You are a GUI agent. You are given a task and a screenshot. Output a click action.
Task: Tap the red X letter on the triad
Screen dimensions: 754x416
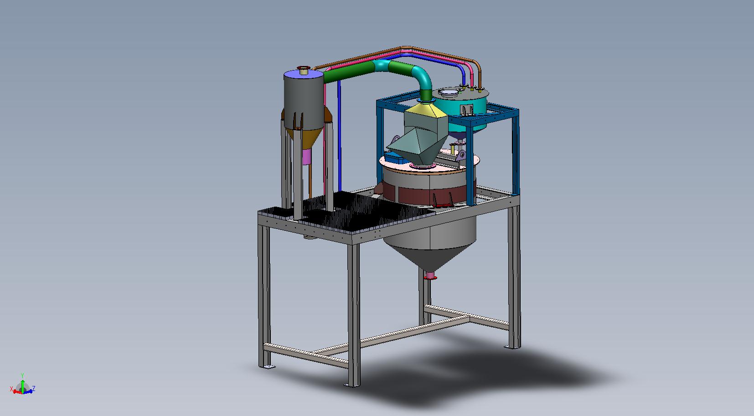click(x=11, y=389)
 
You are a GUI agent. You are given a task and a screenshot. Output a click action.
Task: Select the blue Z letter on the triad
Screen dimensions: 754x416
click(x=34, y=388)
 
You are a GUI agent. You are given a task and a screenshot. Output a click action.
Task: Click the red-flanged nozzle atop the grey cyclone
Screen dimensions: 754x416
click(x=304, y=70)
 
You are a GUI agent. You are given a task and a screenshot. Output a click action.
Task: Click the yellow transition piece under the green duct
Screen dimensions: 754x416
click(x=425, y=109)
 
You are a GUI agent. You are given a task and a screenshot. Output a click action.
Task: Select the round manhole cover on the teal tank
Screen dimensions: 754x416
click(x=448, y=92)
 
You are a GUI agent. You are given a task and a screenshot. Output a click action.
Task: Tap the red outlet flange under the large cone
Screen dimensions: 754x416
click(x=430, y=276)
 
